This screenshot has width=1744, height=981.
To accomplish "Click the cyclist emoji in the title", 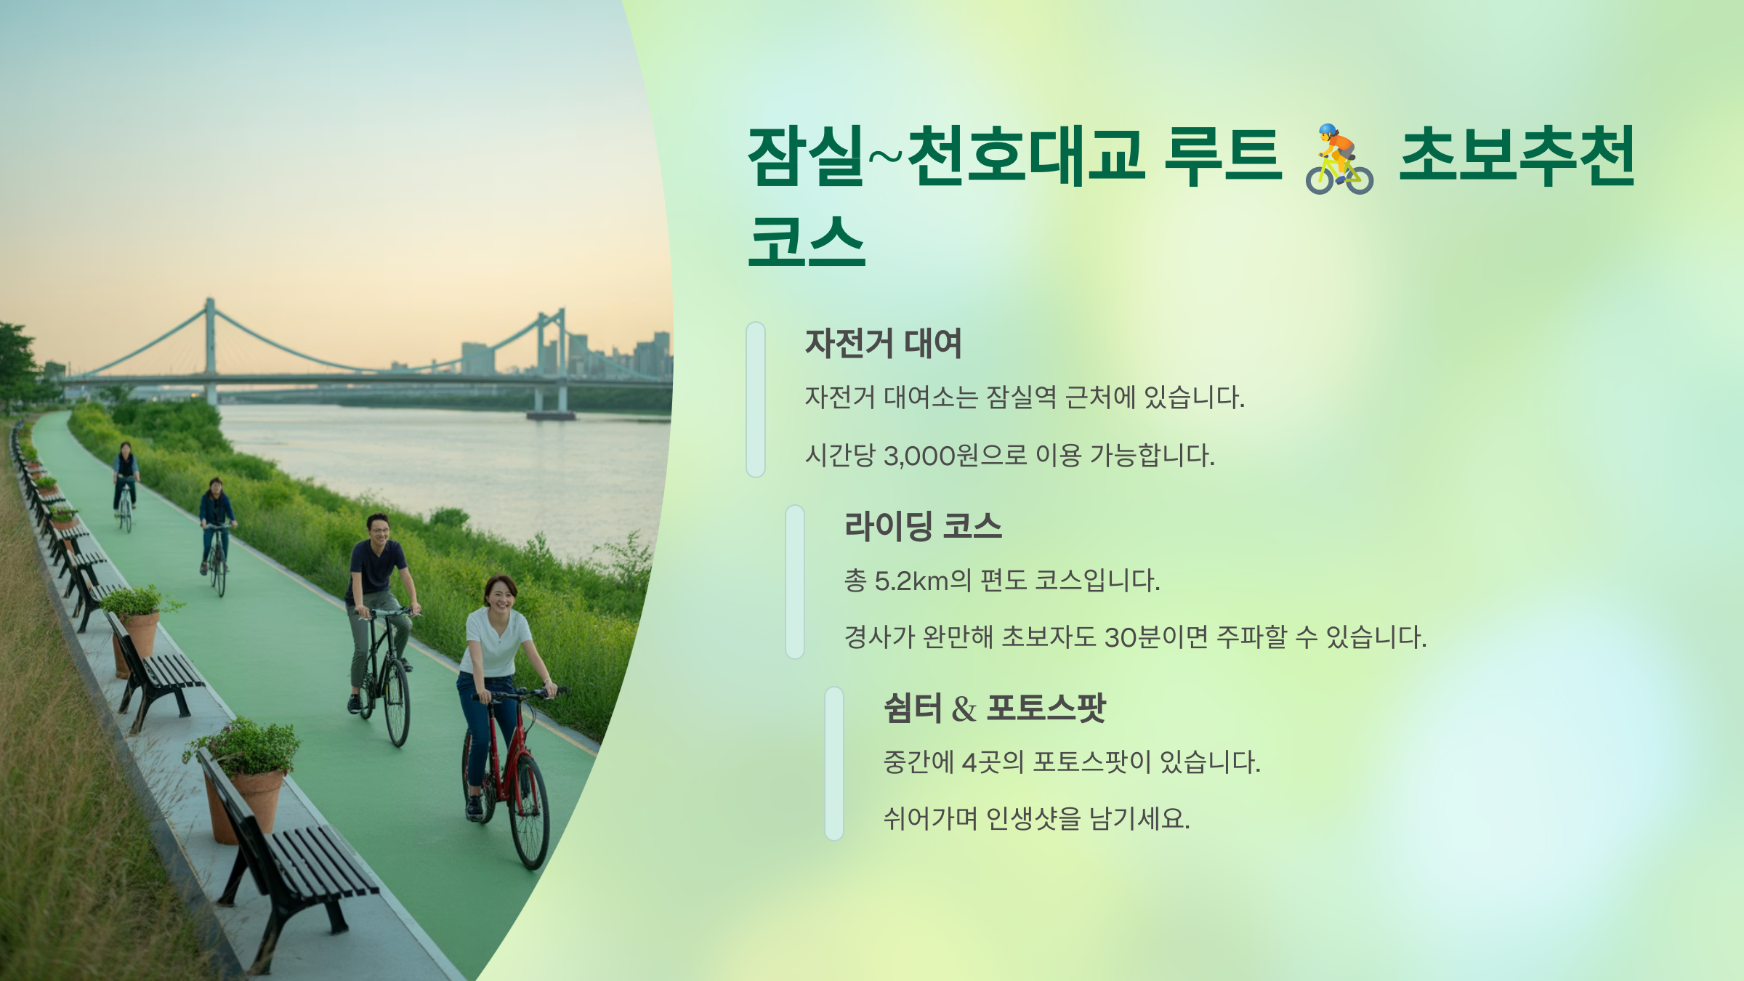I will coord(1339,159).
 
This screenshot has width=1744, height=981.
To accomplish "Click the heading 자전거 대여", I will coord(883,344).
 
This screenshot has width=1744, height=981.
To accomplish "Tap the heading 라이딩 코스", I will coord(923,526).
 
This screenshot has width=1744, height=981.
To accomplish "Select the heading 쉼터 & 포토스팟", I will coord(994,708).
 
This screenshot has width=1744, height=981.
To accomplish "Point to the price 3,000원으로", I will coord(955,456).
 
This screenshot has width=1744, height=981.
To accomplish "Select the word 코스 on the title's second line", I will coord(807,241).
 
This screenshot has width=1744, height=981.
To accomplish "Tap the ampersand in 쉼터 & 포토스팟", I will coord(964,709).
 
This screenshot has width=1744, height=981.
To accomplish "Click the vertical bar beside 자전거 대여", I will coord(756,400).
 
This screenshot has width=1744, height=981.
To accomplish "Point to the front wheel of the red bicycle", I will coord(530,810).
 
